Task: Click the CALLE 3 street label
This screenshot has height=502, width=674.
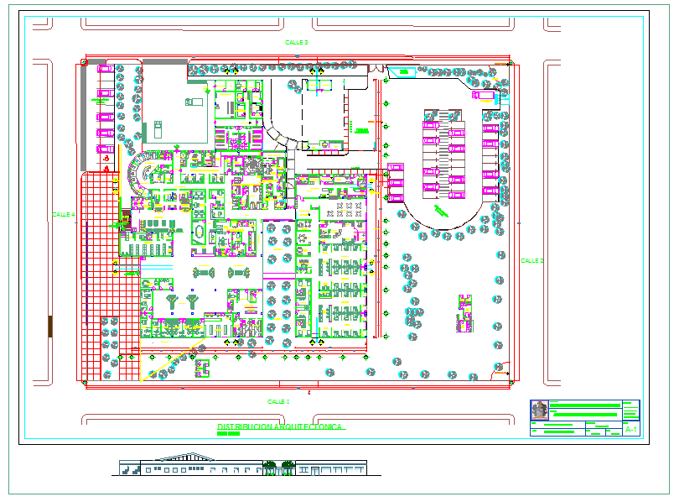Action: click(297, 42)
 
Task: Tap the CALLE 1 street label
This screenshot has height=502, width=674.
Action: click(277, 402)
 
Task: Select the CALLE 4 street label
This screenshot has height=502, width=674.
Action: click(64, 215)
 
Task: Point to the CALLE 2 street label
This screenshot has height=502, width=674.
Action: click(531, 261)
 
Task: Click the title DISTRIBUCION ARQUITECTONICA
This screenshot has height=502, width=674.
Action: click(280, 427)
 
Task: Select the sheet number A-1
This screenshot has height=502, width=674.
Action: click(631, 430)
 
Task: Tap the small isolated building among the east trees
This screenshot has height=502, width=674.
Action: click(464, 312)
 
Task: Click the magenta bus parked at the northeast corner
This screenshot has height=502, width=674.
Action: click(484, 96)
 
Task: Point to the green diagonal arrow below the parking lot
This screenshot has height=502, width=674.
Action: click(441, 209)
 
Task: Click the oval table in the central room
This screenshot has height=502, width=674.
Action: click(199, 231)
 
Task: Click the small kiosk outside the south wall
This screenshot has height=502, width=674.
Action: click(201, 365)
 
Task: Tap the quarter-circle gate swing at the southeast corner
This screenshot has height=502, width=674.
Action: click(502, 367)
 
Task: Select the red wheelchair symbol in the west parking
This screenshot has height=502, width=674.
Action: click(106, 168)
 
